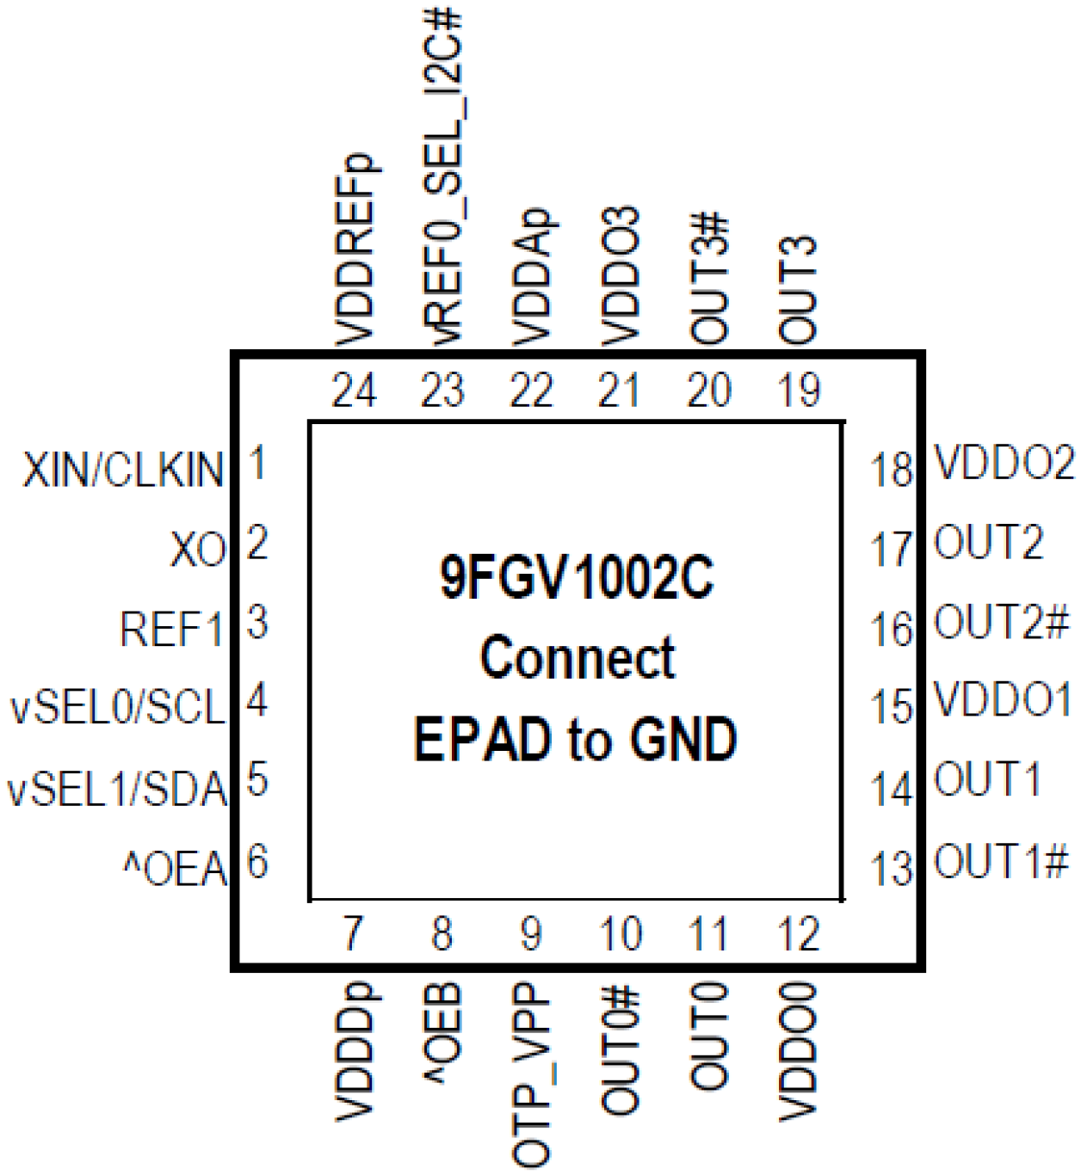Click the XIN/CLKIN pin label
123,471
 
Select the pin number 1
256,463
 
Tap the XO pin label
198,551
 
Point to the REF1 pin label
171,629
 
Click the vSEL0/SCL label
117,708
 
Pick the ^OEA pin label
175,869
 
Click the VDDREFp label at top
355,250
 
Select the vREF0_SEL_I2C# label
443,176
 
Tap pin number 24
355,391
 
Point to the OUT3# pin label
709,280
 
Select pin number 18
891,471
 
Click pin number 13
891,869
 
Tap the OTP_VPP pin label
532,1075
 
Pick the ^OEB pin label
443,1033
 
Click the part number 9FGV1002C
577,577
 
